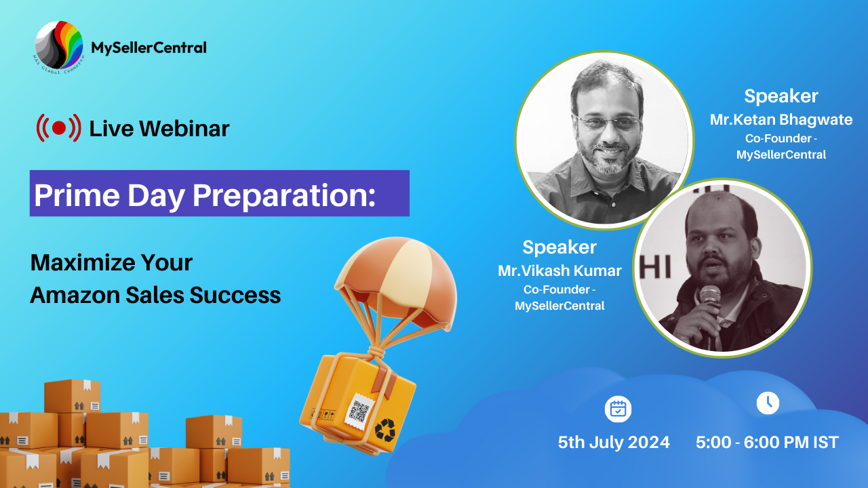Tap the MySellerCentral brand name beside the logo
(149, 47)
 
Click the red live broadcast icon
(59, 128)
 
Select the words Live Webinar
(159, 128)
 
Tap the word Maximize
(83, 262)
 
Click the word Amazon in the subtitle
(75, 295)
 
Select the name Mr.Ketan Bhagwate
(781, 119)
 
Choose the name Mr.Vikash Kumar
(559, 270)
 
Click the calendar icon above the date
(618, 409)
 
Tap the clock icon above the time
(768, 403)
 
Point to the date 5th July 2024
(614, 443)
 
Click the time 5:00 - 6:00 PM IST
(767, 443)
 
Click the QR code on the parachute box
(359, 411)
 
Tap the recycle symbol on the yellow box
(384, 430)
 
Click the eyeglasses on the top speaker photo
(607, 123)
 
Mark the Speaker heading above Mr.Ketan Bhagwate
(781, 96)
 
